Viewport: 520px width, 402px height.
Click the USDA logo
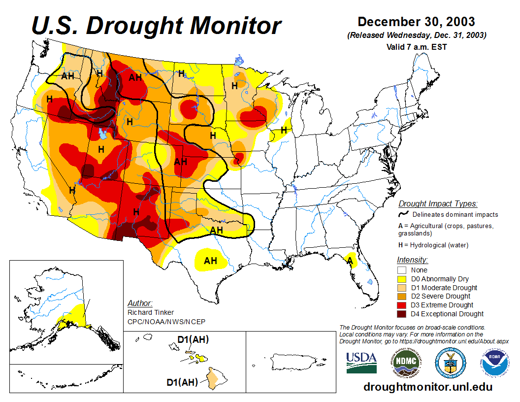tap(361, 363)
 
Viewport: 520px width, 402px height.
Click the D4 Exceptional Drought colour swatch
tap(401, 314)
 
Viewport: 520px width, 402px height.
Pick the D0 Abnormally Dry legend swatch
tap(401, 279)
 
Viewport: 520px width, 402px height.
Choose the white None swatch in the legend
tap(401, 270)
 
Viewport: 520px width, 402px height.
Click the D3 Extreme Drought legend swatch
tap(401, 305)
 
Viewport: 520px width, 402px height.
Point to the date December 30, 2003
tap(416, 22)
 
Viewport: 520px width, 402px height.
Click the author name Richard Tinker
tap(150, 312)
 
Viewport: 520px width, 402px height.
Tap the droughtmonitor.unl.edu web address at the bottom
tap(428, 387)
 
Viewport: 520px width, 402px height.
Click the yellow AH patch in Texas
tap(211, 260)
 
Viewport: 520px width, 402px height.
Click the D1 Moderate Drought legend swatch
tap(401, 288)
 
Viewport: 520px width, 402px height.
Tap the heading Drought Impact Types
tap(438, 203)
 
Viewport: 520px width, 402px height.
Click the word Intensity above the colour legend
tap(412, 260)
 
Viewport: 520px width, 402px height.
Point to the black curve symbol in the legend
tap(403, 214)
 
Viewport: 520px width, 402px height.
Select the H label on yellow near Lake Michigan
tap(284, 130)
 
